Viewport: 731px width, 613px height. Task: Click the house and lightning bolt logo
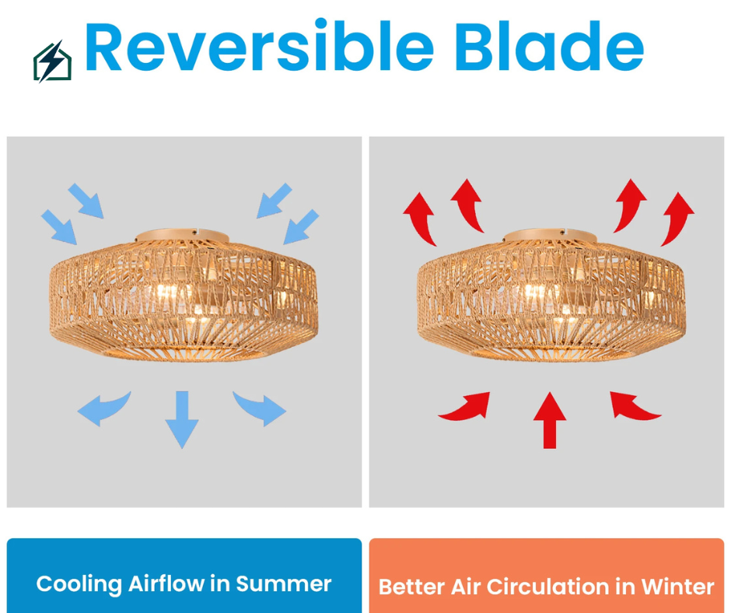pyautogui.click(x=52, y=61)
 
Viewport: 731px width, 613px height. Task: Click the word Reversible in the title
pyautogui.click(x=259, y=46)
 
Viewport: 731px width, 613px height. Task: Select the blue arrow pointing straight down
pyautogui.click(x=182, y=419)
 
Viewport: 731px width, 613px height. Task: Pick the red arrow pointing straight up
pyautogui.click(x=550, y=420)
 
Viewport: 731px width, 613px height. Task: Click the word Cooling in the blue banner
pyautogui.click(x=79, y=584)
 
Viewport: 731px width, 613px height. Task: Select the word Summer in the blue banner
pyautogui.click(x=283, y=584)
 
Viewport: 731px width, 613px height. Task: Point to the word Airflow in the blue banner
pyautogui.click(x=167, y=583)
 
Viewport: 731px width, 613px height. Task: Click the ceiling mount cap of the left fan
pyautogui.click(x=182, y=235)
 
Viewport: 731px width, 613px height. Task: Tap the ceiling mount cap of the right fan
pyautogui.click(x=550, y=235)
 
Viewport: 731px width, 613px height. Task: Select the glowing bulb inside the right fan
pyautogui.click(x=536, y=294)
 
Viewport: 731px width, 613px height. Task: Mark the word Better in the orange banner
pyautogui.click(x=411, y=587)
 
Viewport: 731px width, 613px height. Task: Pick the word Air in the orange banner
pyautogui.click(x=466, y=587)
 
